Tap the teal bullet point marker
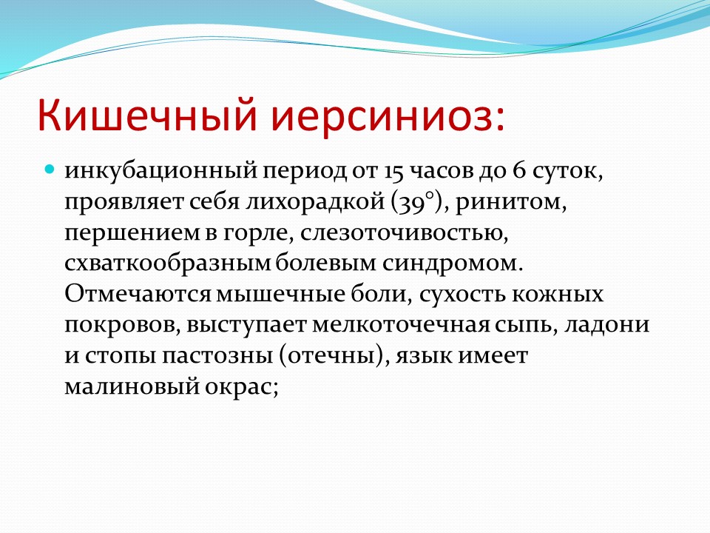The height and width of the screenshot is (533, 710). point(50,170)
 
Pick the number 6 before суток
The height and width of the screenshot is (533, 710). point(519,170)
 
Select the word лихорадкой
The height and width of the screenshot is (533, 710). point(315,202)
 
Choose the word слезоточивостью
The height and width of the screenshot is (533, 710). point(404,233)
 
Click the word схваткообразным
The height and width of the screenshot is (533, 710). point(168,263)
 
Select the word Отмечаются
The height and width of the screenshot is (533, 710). point(138,294)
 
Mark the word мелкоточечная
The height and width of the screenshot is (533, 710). point(401,325)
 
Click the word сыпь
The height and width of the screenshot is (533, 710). point(526,325)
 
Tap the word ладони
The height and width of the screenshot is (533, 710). point(606,325)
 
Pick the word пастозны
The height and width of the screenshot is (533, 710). point(217,356)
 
